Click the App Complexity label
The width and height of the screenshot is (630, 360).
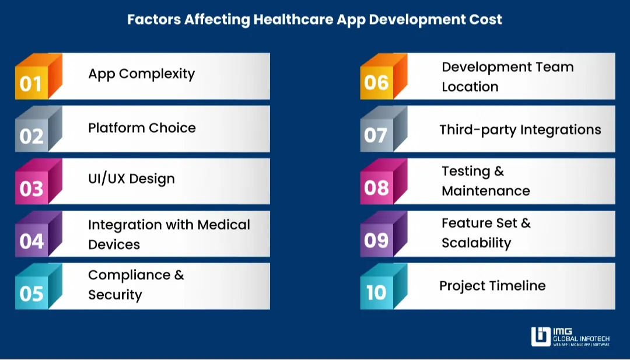point(141,74)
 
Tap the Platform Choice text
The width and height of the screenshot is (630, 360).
point(142,128)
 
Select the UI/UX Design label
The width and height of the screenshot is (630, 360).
point(131,179)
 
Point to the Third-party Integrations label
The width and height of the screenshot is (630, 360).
point(520,130)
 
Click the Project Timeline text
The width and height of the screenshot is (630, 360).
point(492,286)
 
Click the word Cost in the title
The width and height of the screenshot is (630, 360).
point(486,19)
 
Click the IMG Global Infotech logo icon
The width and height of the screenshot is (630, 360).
point(541,337)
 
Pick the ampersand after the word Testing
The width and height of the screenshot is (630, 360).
point(499,172)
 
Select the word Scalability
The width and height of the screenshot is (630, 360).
point(476,243)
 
